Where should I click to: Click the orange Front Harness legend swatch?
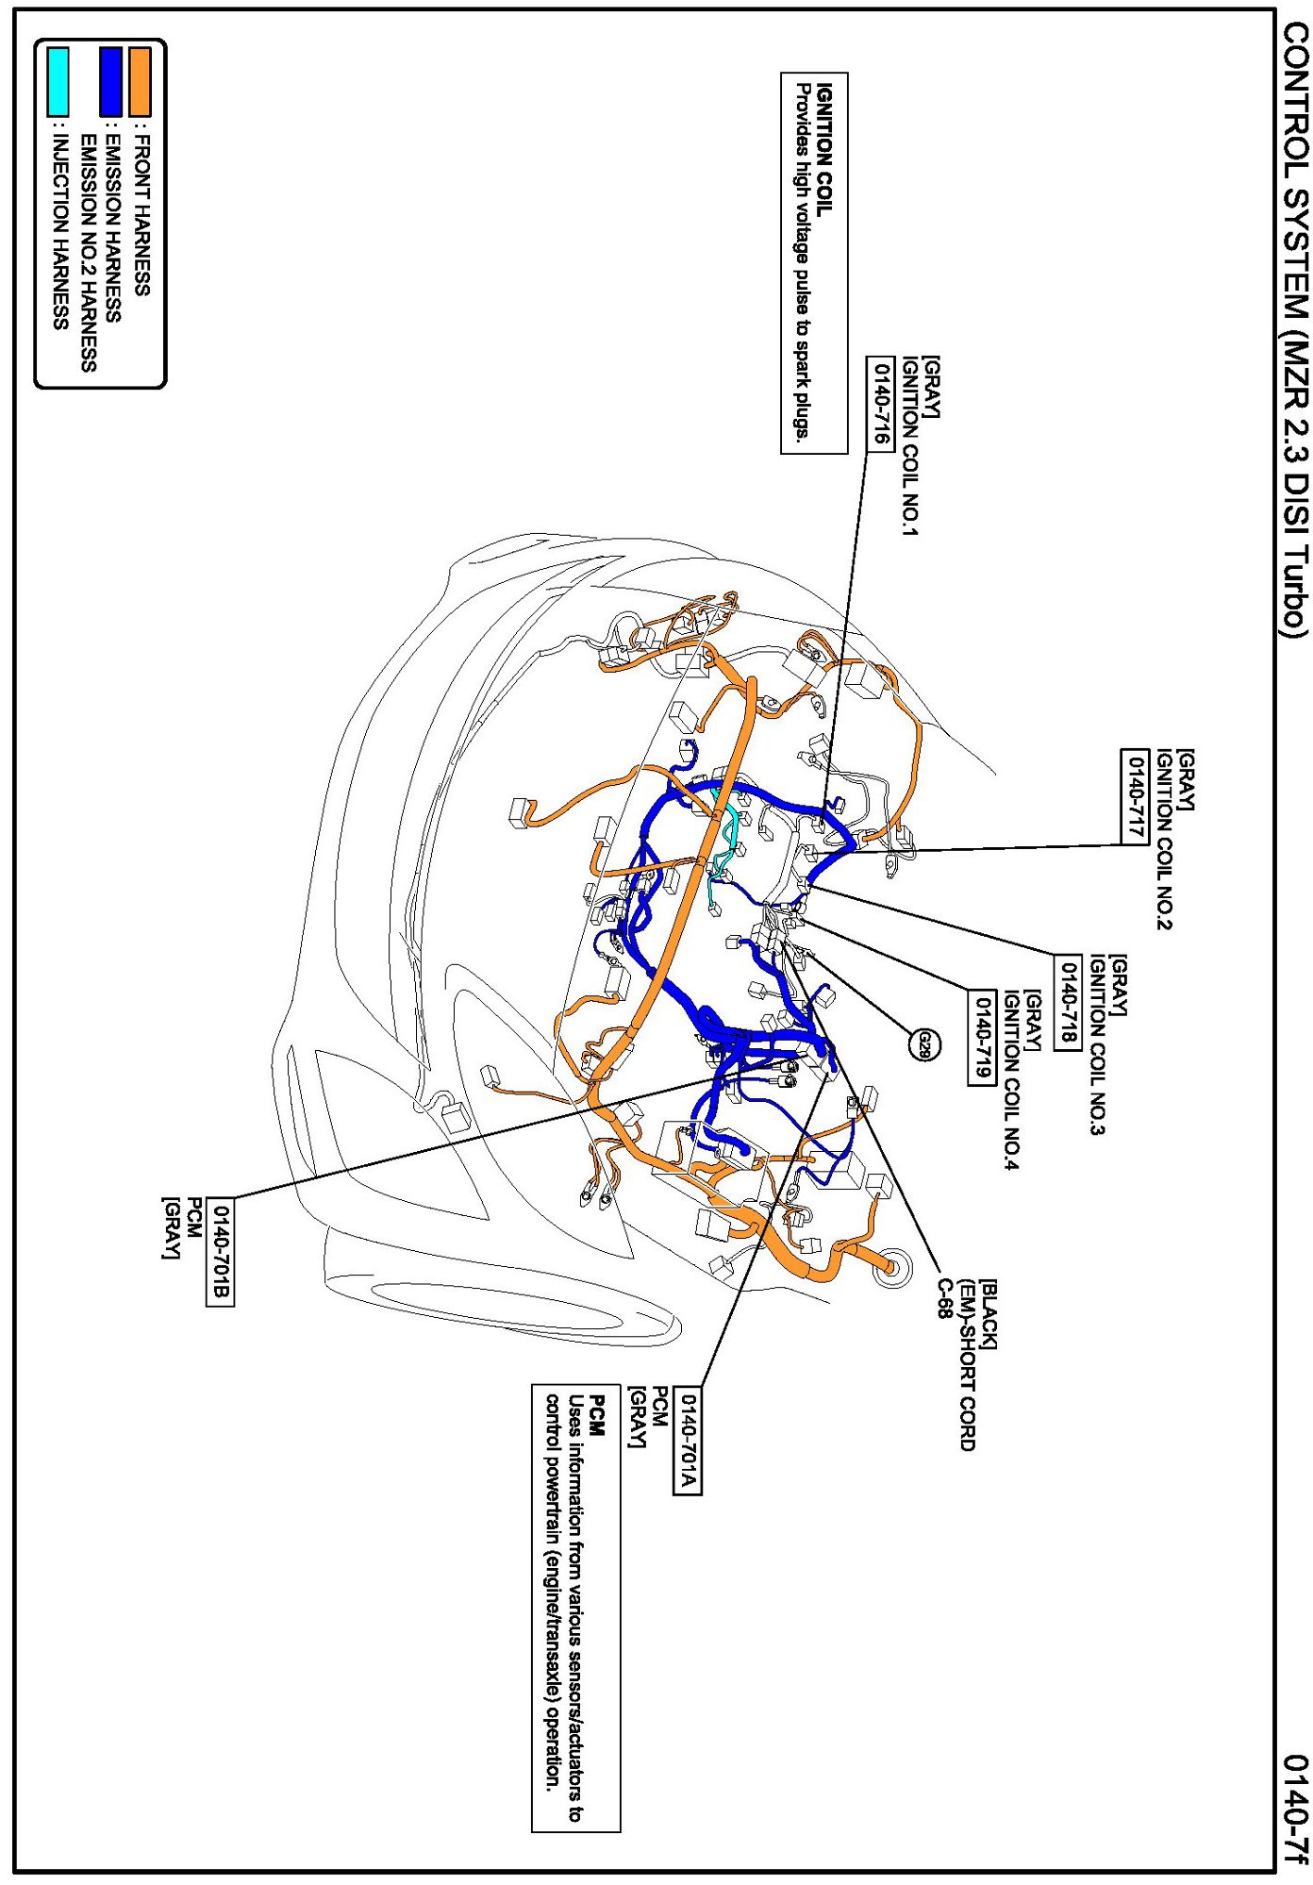click(x=141, y=82)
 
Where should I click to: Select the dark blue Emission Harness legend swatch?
click(x=111, y=82)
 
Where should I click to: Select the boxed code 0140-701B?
click(x=220, y=1252)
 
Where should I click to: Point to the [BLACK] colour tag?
click(x=989, y=1314)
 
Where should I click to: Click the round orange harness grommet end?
click(x=889, y=1268)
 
